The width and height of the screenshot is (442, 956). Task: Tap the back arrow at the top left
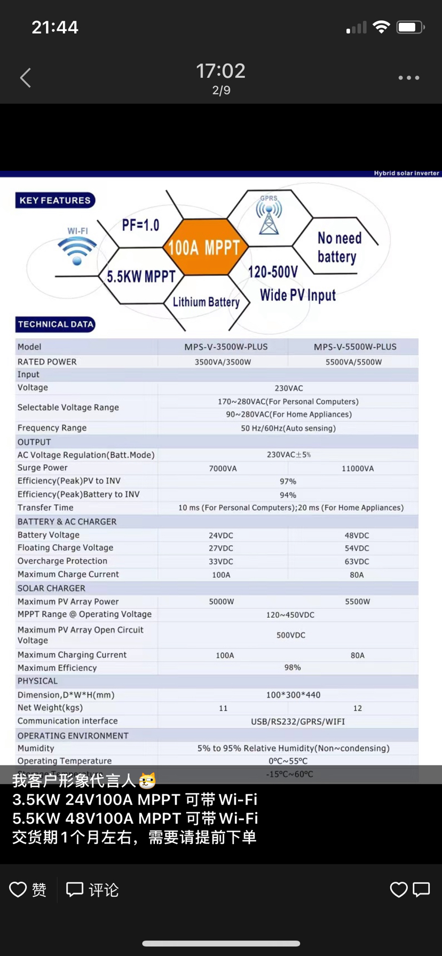point(25,78)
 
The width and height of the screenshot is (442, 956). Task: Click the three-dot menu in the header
point(408,78)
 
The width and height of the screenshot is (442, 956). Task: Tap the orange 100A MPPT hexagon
point(204,248)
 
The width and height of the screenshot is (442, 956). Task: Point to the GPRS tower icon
point(269,216)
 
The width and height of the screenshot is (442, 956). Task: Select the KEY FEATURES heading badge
point(55,201)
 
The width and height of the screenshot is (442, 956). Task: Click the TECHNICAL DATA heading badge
point(56,324)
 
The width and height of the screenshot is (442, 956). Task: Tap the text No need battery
point(339,248)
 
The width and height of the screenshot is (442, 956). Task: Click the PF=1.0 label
point(140,225)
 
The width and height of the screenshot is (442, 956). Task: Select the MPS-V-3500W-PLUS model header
point(226,347)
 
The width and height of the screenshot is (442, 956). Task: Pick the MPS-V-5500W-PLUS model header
point(355,347)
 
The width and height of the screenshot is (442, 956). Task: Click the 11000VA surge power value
point(358,468)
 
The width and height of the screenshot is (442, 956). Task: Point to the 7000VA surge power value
point(223,468)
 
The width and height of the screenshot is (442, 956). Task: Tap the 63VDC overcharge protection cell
point(357,561)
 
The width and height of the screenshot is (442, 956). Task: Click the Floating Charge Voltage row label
point(65,548)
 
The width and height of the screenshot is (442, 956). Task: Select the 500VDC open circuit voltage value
point(291,635)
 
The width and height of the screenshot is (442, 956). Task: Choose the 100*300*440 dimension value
point(293,695)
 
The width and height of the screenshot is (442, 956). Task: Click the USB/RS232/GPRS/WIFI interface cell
point(298,722)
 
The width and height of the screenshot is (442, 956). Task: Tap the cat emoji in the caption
point(147,781)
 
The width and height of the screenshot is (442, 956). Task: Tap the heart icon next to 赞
point(18,889)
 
